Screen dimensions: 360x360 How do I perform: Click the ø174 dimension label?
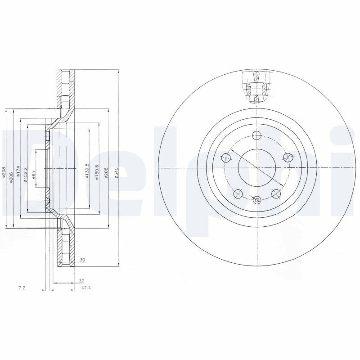click(18, 172)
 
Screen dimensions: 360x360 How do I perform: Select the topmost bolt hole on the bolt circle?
click(256, 135)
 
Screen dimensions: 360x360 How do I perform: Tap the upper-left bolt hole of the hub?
click(226, 157)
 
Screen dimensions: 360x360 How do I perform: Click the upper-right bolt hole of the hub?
click(287, 157)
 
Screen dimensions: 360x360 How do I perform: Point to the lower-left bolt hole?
click(238, 193)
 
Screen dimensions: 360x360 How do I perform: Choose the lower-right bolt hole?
click(275, 193)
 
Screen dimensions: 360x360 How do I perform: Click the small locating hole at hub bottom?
click(256, 201)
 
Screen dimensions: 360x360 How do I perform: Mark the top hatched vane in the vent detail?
click(256, 76)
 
